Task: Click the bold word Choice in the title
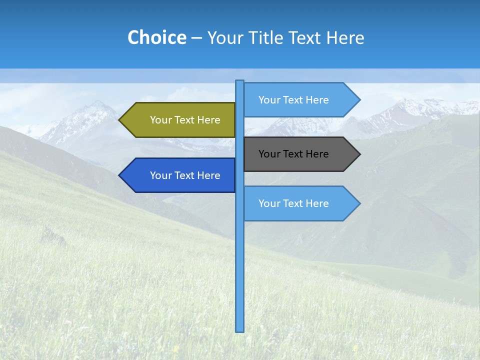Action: pyautogui.click(x=156, y=37)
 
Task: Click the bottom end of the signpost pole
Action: pyautogui.click(x=240, y=330)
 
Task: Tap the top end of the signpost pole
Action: pyautogui.click(x=240, y=81)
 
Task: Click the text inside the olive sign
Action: pyautogui.click(x=185, y=120)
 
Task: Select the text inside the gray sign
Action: pyautogui.click(x=293, y=154)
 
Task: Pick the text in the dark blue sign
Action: pyautogui.click(x=185, y=175)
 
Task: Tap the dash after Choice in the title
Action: pyautogui.click(x=196, y=38)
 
